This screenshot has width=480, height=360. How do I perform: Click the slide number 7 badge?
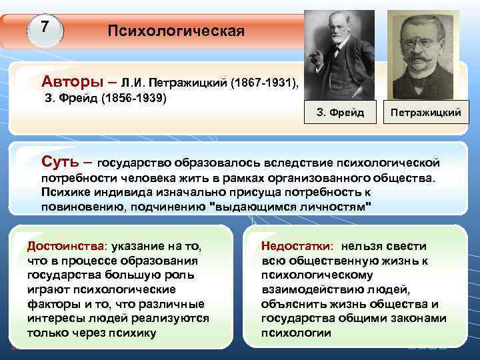pyautogui.click(x=45, y=28)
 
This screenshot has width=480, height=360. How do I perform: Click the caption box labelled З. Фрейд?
pyautogui.click(x=339, y=113)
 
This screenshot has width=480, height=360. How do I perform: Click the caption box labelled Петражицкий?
pyautogui.click(x=425, y=113)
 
